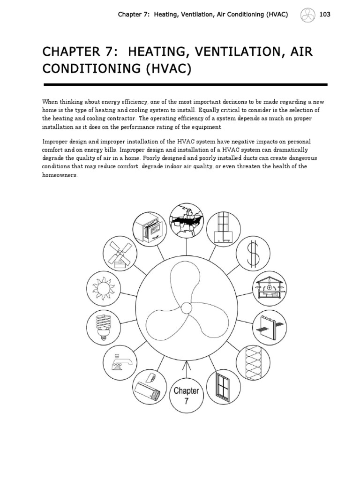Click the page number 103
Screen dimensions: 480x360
tap(325, 15)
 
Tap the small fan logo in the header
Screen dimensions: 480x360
tap(305, 15)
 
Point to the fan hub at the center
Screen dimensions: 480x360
tap(186, 308)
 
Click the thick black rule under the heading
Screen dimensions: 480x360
tap(185, 84)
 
